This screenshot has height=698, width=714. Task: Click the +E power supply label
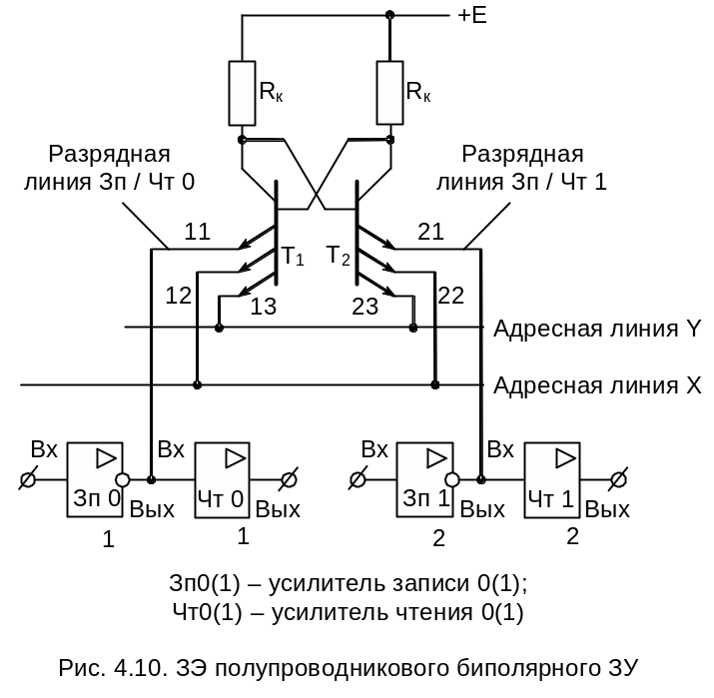(x=472, y=17)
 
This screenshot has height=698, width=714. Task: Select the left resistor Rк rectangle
(x=243, y=92)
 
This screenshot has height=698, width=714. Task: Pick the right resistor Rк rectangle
(x=390, y=92)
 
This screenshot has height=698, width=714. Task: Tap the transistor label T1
(x=292, y=257)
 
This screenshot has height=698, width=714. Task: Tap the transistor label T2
(x=340, y=257)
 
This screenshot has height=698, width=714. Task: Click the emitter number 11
(x=197, y=234)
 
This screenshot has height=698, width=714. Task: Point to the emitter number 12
(x=179, y=295)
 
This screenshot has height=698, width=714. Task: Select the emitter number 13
(x=263, y=308)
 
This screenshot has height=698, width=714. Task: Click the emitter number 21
(x=430, y=234)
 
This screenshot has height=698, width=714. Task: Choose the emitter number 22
(x=451, y=295)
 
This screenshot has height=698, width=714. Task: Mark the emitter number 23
(x=365, y=308)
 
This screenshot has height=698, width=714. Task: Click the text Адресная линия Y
(x=599, y=329)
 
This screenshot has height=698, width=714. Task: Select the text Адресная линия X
(x=599, y=385)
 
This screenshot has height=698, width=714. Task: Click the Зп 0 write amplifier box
(x=95, y=480)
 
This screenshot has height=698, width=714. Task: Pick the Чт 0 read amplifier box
(x=222, y=480)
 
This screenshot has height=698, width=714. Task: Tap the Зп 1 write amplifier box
(x=425, y=480)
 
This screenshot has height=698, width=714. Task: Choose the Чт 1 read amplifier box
(x=552, y=480)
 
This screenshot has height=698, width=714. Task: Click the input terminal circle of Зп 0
(x=28, y=480)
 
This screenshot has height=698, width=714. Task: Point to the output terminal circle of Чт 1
(x=618, y=480)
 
